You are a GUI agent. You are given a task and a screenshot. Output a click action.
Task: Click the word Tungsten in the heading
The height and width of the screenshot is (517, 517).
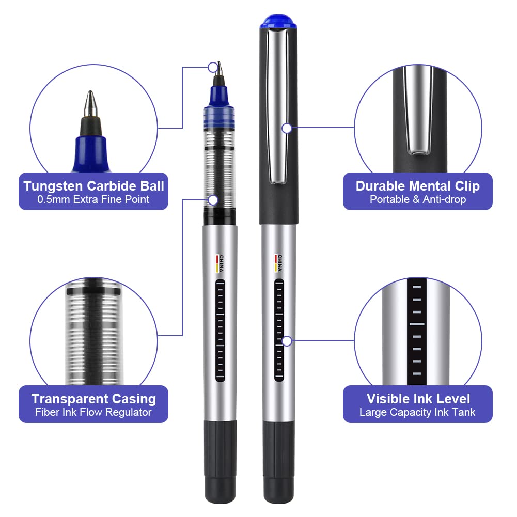click(53, 186)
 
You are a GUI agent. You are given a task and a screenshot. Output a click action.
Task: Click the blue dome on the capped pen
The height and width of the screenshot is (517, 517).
click(278, 21)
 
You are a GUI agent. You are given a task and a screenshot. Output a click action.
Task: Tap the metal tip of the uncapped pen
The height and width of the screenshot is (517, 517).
click(220, 69)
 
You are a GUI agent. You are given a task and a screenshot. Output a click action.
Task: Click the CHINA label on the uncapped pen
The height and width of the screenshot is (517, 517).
click(220, 263)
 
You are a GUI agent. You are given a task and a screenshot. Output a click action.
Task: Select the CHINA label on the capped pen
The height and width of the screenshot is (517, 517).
click(278, 263)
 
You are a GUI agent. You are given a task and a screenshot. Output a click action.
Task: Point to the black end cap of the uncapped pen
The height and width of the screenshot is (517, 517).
click(220, 462)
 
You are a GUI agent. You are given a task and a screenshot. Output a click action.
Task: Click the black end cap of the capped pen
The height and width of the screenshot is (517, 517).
click(278, 462)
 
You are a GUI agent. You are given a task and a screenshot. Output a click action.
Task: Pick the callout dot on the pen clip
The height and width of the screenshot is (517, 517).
click(287, 128)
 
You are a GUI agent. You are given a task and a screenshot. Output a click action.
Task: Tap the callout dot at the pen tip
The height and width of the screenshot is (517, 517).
click(213, 67)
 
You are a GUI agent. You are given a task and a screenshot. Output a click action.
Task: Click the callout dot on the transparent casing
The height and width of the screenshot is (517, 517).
click(213, 200)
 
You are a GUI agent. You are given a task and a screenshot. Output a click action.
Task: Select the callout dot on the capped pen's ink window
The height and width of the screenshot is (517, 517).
click(287, 341)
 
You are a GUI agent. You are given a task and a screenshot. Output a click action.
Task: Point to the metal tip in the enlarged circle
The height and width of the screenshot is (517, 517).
click(90, 104)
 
